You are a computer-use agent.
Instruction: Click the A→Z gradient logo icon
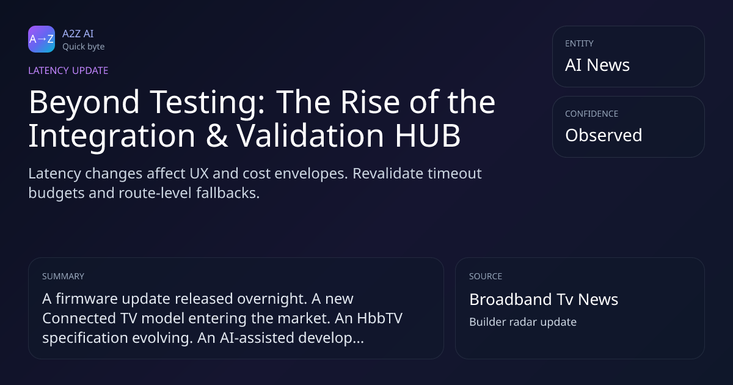(42, 39)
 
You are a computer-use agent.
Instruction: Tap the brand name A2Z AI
(78, 34)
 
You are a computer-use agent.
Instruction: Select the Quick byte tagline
(84, 47)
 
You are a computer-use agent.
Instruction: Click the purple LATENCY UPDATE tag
(68, 71)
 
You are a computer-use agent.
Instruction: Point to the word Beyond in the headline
(84, 103)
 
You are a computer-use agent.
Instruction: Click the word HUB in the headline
(428, 136)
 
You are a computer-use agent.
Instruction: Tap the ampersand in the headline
(217, 136)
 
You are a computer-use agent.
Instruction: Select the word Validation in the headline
(310, 135)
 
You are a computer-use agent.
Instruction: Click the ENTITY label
(579, 43)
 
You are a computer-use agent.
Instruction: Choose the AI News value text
(597, 65)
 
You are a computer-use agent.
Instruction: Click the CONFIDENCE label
(592, 114)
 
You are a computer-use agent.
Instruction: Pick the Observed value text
(604, 135)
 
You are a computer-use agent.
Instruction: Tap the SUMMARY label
(63, 276)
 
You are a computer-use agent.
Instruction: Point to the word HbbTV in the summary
(379, 318)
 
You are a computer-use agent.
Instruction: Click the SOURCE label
(485, 276)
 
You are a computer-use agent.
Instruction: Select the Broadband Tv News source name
(544, 299)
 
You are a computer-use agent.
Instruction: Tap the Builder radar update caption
(523, 322)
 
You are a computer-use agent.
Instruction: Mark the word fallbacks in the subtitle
(228, 193)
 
